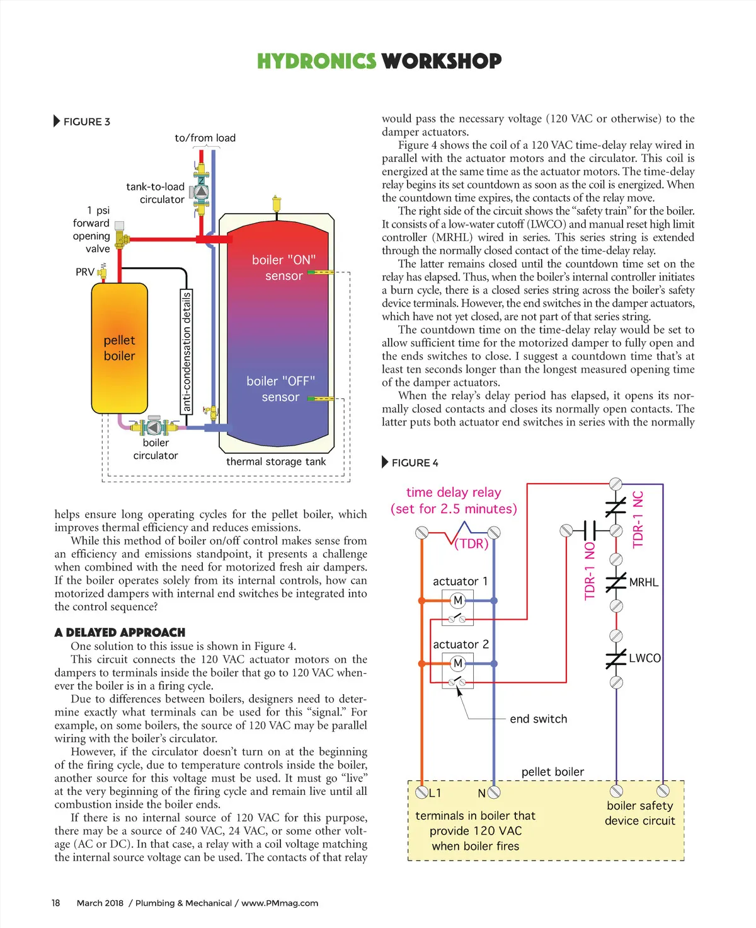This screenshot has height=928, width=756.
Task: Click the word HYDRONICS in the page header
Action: tap(316, 61)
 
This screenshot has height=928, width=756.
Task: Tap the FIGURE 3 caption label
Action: tap(86, 122)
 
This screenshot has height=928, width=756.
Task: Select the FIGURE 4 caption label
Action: tap(415, 463)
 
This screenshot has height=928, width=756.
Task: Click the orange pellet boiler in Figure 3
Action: tap(119, 348)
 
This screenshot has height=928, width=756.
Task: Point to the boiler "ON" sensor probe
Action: tap(321, 272)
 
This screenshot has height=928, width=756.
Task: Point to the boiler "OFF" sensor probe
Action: tap(321, 398)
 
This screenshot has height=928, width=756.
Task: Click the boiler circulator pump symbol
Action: tap(154, 427)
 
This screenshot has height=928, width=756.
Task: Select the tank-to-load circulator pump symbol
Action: tap(202, 189)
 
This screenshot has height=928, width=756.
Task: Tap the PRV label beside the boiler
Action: tap(85, 272)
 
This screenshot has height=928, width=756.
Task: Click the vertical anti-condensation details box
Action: tap(186, 351)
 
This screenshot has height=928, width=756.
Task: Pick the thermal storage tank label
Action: tap(276, 461)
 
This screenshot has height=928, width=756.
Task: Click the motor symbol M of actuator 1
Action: tap(458, 600)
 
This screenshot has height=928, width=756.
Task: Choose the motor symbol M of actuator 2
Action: tap(458, 663)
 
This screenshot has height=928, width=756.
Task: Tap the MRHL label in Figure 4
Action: tap(644, 583)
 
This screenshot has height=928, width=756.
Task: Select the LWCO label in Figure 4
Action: tap(644, 658)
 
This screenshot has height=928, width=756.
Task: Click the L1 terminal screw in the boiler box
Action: tap(421, 792)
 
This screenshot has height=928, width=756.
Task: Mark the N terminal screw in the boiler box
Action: tap(494, 792)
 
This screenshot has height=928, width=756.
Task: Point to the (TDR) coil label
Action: tap(472, 543)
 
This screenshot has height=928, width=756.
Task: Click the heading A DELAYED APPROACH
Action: tap(120, 632)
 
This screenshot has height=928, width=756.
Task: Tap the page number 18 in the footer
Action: tap(56, 903)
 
